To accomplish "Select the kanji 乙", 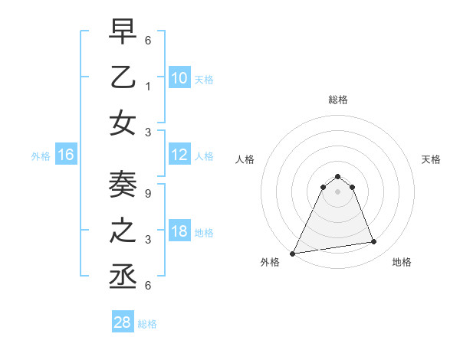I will [x=123, y=77].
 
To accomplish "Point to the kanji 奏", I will [x=123, y=185].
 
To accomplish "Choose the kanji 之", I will [x=123, y=231].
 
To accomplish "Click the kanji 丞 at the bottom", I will [x=123, y=277].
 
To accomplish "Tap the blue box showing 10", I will [x=179, y=78].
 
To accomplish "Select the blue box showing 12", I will [x=179, y=155].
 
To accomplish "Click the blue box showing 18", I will [x=179, y=232].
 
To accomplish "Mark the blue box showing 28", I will [x=123, y=323].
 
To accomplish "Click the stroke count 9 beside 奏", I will [x=147, y=192].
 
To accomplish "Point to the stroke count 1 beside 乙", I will [x=147, y=85].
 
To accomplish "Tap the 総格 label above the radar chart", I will [x=337, y=100].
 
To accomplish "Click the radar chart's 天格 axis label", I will [x=432, y=159].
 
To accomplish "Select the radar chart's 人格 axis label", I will [x=245, y=159].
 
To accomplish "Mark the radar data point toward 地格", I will [x=374, y=242].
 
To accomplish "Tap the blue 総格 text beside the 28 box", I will [x=147, y=324].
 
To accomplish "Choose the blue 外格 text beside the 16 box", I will [x=41, y=156].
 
